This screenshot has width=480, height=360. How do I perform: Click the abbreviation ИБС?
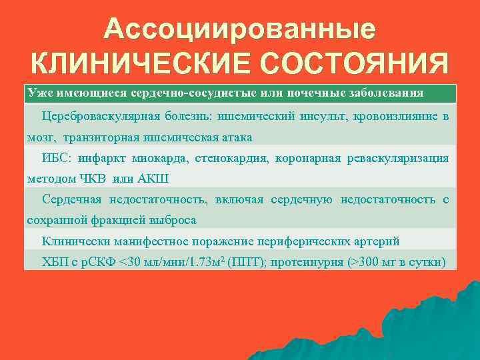click(55, 158)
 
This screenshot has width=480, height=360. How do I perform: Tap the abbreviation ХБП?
click(55, 261)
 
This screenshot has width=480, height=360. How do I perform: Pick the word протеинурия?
click(304, 261)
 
